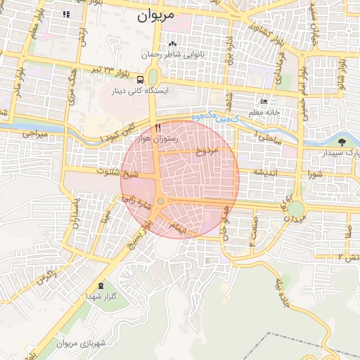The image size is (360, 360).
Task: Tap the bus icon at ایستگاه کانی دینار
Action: click(141, 79)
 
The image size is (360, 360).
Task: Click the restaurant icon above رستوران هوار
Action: click(158, 127)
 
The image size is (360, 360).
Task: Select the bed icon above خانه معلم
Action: click(264, 101)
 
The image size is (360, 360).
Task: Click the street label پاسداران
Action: click(75, 211)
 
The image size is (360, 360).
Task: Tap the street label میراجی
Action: click(33, 132)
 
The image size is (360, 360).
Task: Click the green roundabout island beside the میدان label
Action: click(295, 209)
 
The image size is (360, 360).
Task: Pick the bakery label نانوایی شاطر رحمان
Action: click(162, 54)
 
